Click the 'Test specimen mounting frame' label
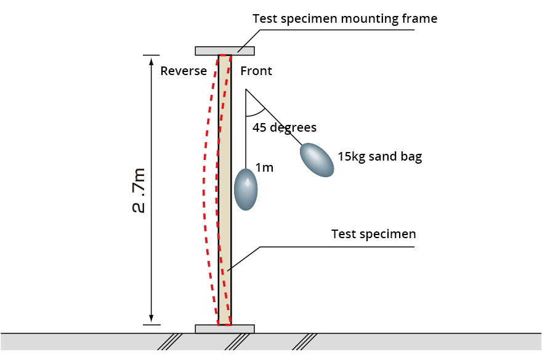point(345,18)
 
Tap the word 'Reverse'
point(184,71)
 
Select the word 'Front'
point(256,71)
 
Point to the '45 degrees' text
point(285,128)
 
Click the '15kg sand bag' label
point(380,156)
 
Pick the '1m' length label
point(264,167)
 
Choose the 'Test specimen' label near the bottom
point(374,234)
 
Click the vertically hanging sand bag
point(246,189)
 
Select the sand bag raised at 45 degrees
point(317,159)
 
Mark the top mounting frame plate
point(225,50)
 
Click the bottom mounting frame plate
point(225,329)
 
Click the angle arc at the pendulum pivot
point(256,113)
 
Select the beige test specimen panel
point(225,185)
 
